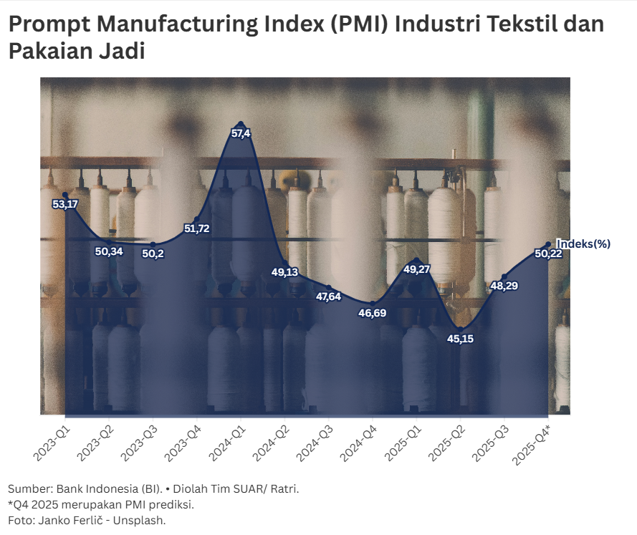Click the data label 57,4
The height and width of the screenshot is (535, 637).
click(241, 134)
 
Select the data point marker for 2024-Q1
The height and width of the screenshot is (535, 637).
click(241, 123)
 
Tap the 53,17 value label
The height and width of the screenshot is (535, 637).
click(65, 205)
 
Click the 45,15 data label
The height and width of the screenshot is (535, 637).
click(461, 339)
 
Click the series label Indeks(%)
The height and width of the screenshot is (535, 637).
click(584, 244)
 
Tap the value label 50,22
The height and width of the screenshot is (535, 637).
click(548, 254)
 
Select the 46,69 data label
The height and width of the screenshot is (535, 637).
click(373, 313)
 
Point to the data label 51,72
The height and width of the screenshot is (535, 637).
click(197, 229)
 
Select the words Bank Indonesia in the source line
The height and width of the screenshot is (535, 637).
click(97, 489)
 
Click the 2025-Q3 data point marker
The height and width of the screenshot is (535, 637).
click(504, 276)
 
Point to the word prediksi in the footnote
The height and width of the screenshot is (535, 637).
click(173, 505)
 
